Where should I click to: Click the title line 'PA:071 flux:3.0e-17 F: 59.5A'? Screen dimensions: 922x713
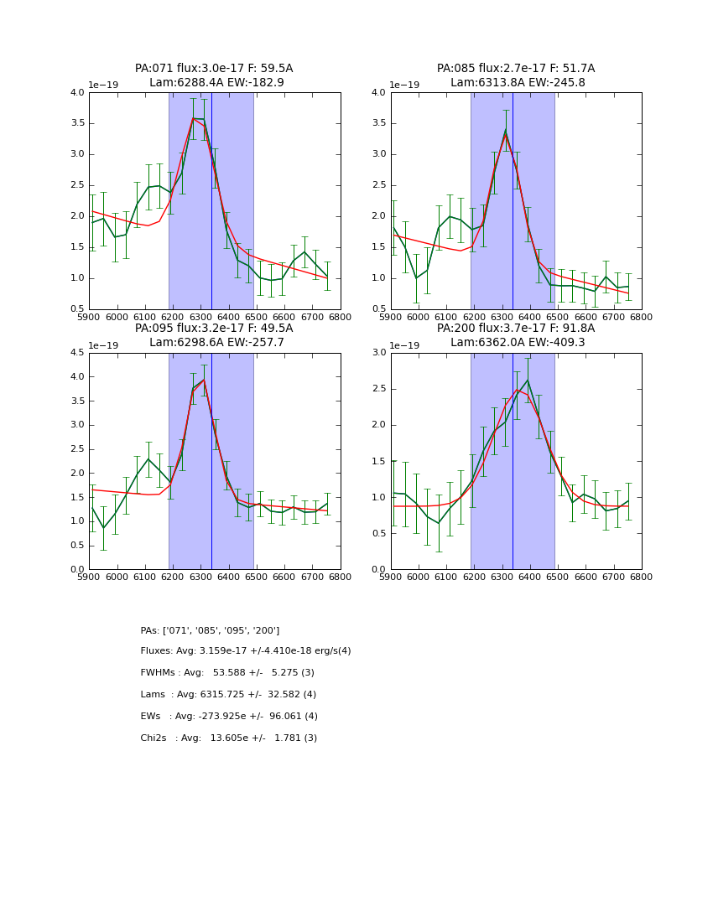point(214,69)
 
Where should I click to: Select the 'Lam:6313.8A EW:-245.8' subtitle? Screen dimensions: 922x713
point(518,83)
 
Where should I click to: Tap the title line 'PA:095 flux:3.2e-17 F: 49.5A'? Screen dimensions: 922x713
point(214,329)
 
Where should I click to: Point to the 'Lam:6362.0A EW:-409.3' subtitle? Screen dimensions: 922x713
point(518,343)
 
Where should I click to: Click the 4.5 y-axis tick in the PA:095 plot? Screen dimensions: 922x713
point(76,353)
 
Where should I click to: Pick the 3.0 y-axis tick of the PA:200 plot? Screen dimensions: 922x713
point(378,353)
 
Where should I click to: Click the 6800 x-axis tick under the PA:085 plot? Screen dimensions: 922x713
point(642,317)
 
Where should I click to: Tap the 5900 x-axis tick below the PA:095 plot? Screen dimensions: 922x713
point(89,577)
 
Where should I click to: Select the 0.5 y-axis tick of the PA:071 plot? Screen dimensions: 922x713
point(76,309)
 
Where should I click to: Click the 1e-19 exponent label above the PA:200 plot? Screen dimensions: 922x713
point(407,345)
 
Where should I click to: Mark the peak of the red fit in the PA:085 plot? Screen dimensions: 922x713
point(505,133)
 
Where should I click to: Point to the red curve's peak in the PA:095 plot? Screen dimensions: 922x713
point(203,380)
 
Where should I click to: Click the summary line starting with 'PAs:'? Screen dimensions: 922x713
point(210,630)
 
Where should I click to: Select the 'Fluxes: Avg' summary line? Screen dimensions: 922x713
point(246,651)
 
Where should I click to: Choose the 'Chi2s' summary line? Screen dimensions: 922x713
point(228,738)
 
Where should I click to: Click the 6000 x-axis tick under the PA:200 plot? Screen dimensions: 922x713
point(419,577)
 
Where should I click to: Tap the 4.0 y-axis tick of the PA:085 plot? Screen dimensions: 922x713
point(378,93)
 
